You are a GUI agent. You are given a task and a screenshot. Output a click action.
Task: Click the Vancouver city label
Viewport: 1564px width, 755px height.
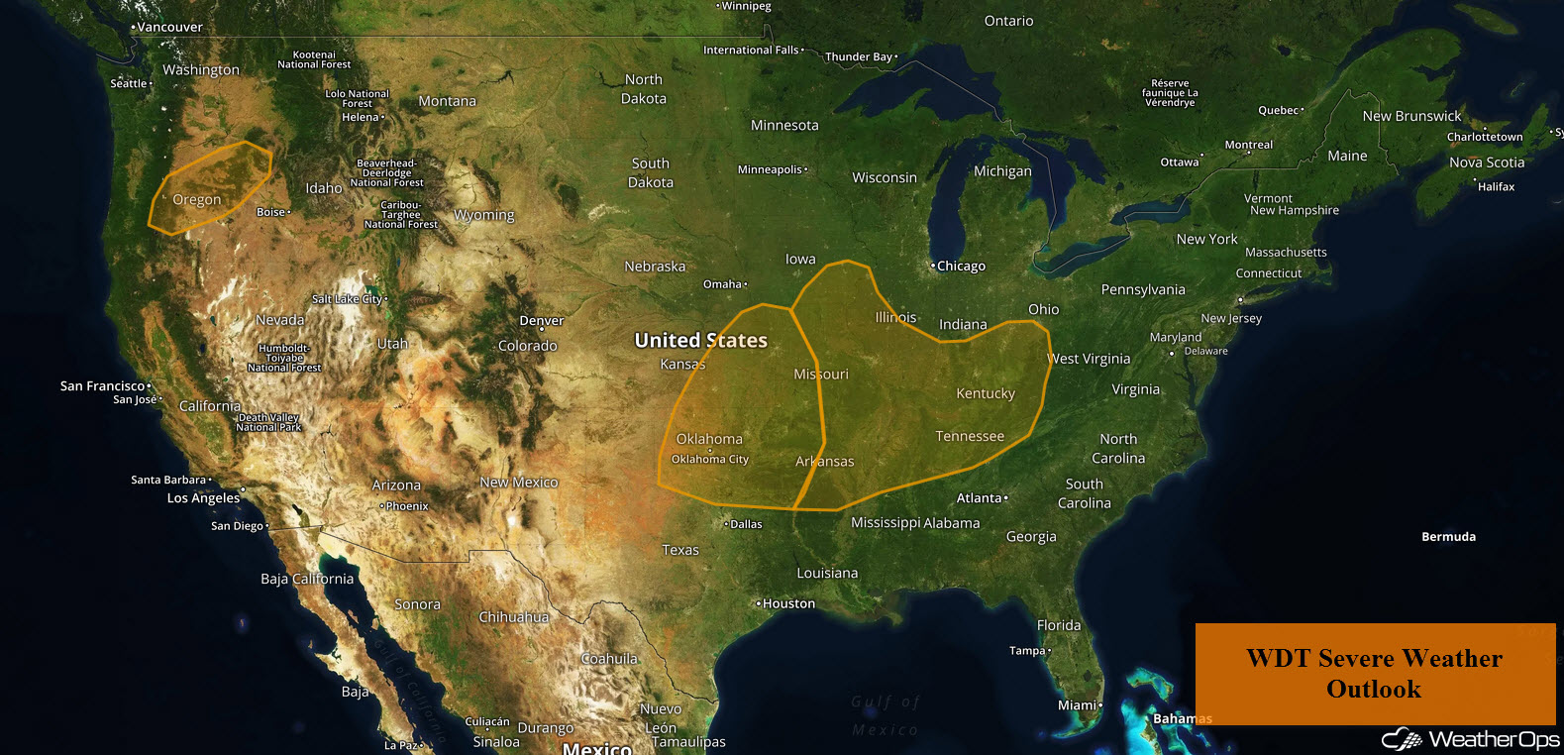[169, 27]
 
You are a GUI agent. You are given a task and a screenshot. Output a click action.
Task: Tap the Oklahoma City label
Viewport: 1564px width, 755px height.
[710, 459]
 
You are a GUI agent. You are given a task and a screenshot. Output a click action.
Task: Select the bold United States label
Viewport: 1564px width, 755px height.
[700, 340]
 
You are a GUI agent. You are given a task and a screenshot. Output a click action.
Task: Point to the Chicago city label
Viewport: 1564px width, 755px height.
[961, 266]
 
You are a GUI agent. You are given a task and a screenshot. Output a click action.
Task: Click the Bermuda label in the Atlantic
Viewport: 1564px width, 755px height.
[1448, 536]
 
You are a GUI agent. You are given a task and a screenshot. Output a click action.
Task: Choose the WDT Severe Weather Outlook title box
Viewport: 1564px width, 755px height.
[1374, 674]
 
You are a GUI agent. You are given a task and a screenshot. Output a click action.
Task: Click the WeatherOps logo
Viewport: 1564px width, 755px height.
[1471, 739]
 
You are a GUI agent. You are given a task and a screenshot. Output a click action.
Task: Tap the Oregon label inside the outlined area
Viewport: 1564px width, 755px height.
[197, 199]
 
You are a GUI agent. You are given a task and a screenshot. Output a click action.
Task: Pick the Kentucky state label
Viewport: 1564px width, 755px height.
[986, 393]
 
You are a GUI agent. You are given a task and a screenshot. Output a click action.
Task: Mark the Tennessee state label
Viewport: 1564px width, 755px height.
[970, 436]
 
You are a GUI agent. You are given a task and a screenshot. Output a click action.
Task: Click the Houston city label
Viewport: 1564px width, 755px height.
[788, 603]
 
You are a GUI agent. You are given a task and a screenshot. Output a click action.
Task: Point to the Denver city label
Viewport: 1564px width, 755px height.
[541, 320]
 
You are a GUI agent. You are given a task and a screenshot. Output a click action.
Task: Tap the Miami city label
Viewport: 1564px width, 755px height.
[1078, 704]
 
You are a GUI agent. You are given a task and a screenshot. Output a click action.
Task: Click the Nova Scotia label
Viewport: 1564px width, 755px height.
[1487, 162]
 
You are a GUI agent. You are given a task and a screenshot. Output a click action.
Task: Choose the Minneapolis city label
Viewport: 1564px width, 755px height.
[771, 169]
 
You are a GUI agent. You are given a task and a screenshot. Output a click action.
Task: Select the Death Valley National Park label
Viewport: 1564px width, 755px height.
[268, 422]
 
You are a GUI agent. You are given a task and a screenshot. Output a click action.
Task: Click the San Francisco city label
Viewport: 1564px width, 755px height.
[102, 385]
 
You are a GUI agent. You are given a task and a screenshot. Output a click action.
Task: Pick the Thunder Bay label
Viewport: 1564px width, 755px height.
[859, 56]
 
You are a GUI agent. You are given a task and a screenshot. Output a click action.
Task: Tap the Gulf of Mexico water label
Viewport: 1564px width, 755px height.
[886, 715]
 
